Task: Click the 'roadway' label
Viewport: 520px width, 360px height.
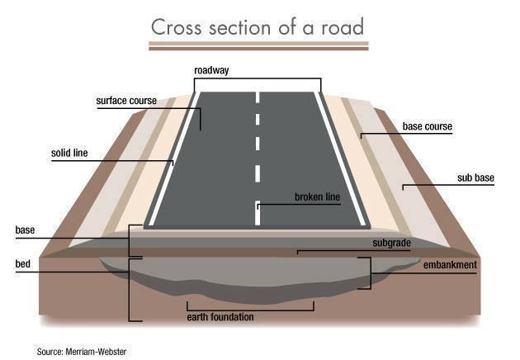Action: click(x=211, y=70)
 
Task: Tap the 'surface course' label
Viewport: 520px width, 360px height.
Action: click(x=126, y=101)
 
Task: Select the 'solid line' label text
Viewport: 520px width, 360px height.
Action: click(x=69, y=153)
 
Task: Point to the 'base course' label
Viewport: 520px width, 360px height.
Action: click(x=428, y=126)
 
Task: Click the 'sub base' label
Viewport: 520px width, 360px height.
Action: click(x=475, y=178)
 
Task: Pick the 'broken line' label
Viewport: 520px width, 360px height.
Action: click(x=318, y=197)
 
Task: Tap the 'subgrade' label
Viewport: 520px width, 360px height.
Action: click(x=392, y=243)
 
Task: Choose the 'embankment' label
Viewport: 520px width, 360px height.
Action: click(x=450, y=265)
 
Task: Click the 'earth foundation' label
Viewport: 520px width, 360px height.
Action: click(x=220, y=317)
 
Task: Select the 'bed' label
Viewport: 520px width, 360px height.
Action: click(x=22, y=263)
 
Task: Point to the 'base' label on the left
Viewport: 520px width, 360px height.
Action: click(x=25, y=230)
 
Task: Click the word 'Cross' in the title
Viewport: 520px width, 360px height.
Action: click(x=176, y=27)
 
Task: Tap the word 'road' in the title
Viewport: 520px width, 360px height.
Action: click(x=343, y=27)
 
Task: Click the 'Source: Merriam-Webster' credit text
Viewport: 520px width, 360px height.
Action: click(x=82, y=352)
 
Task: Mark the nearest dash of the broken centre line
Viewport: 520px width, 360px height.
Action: click(x=258, y=213)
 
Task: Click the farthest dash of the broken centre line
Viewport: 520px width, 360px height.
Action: click(x=258, y=97)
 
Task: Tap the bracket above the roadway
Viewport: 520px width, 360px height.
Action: click(x=258, y=78)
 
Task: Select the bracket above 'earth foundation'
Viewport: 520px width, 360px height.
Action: click(x=250, y=310)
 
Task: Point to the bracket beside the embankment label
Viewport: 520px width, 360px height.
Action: click(x=370, y=273)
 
